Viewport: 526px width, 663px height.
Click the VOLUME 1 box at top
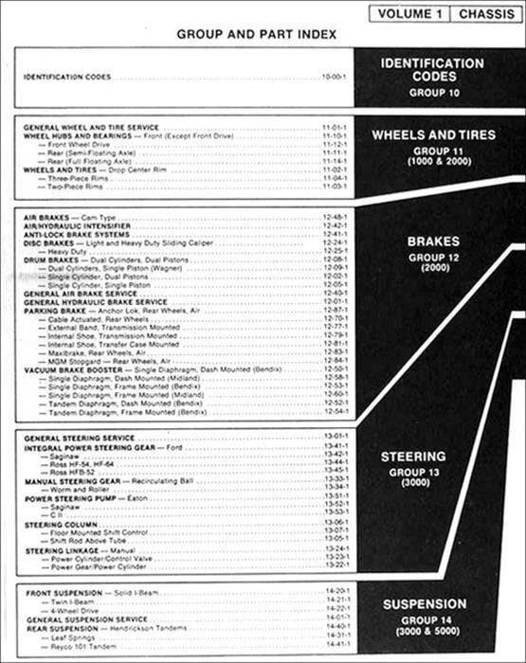pos(408,13)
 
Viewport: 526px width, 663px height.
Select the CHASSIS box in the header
pos(483,13)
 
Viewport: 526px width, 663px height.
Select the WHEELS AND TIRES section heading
pos(432,135)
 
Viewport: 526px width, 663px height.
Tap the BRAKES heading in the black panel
pos(433,242)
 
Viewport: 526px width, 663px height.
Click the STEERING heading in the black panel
pos(413,457)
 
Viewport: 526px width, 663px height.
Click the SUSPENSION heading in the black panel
pos(424,603)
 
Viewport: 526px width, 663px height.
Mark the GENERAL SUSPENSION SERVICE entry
pos(87,618)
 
